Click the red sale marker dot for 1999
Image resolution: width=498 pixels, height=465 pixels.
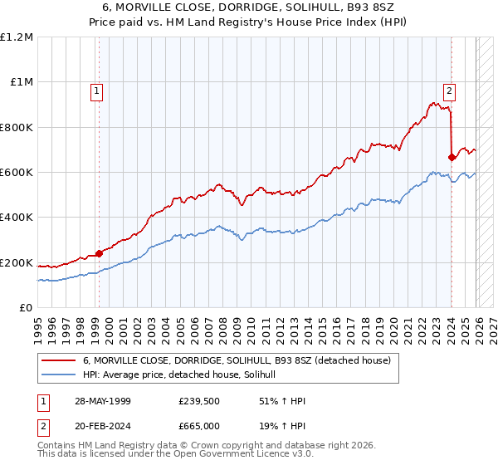(99, 253)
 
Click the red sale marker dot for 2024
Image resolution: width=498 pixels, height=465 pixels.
(452, 157)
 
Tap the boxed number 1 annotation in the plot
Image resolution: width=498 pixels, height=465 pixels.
(97, 91)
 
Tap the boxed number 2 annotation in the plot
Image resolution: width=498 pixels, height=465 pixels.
(449, 91)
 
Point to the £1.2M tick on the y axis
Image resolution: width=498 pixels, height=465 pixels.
(17, 37)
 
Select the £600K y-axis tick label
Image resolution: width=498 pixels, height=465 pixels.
(17, 172)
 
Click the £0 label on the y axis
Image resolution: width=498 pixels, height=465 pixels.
(27, 307)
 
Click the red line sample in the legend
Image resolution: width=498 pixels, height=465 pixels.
(59, 361)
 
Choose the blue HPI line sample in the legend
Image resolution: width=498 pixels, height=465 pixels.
(59, 375)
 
